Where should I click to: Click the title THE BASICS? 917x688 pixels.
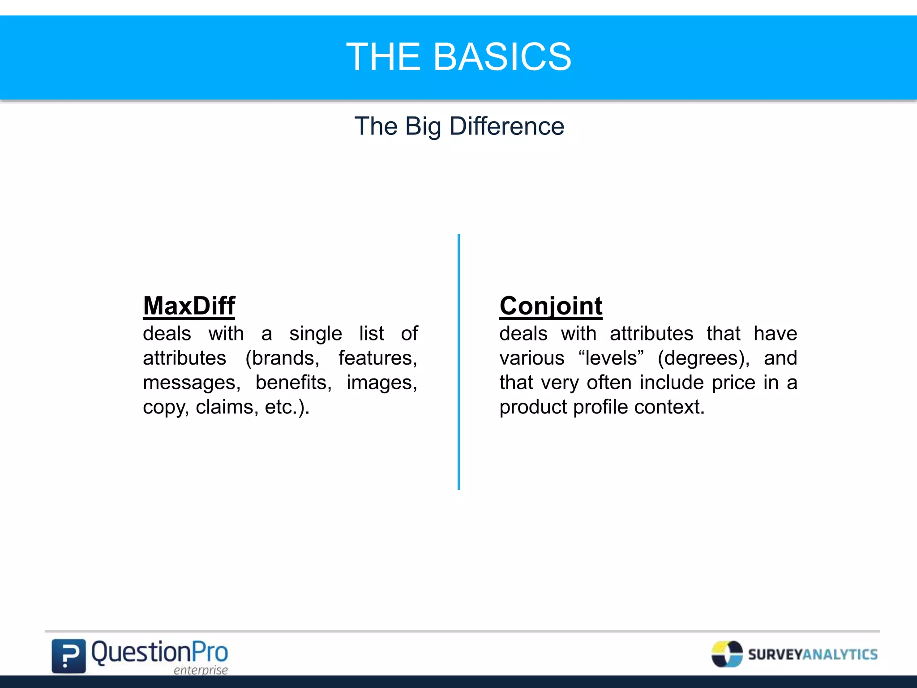point(458,57)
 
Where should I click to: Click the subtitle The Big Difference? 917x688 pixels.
point(459,126)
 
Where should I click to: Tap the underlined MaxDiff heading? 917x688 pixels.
point(189,306)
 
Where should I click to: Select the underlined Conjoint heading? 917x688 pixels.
point(551,306)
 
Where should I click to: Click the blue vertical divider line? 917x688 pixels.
point(459,362)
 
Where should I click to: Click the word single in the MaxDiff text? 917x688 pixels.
point(315,334)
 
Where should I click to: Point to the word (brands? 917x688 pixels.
point(282,358)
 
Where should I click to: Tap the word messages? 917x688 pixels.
point(192,383)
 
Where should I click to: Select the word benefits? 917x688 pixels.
point(293,383)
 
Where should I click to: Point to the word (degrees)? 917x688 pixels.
point(703,358)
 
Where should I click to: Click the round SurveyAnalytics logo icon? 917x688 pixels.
point(727,654)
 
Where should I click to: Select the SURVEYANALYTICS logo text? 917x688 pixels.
point(813,654)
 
